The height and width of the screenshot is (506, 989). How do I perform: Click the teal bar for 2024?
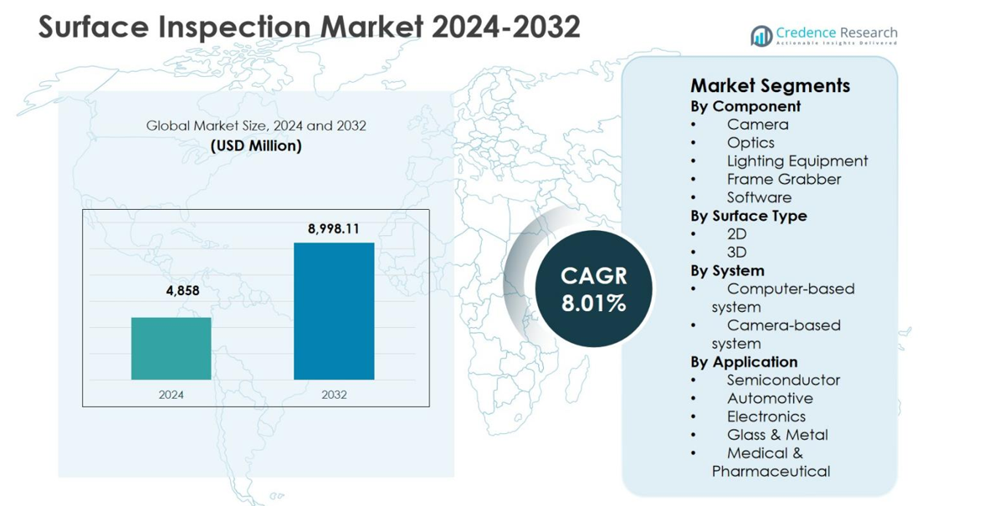click(172, 348)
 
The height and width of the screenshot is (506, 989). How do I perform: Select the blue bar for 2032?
click(334, 310)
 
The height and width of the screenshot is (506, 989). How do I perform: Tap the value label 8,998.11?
click(334, 228)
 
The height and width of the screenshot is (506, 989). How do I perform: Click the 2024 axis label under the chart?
click(172, 394)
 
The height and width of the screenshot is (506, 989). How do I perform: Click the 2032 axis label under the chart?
click(334, 394)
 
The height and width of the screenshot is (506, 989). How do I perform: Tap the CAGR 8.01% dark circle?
click(594, 289)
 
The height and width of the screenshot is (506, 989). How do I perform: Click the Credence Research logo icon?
click(761, 35)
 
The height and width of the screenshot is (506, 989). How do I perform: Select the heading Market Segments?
click(770, 85)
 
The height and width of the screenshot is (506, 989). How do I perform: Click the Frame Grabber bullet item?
click(783, 179)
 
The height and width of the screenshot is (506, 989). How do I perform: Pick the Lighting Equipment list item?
click(797, 161)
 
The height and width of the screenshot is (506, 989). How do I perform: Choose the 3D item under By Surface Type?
click(736, 252)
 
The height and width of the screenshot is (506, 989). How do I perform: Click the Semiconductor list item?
click(782, 380)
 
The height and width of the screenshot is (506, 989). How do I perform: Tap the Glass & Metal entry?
click(776, 434)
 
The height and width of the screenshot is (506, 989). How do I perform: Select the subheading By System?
click(726, 270)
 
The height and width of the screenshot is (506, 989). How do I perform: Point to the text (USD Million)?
click(256, 146)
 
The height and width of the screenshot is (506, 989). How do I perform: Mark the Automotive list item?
click(769, 398)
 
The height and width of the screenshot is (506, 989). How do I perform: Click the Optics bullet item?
click(750, 142)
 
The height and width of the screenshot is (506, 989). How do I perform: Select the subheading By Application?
click(743, 361)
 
